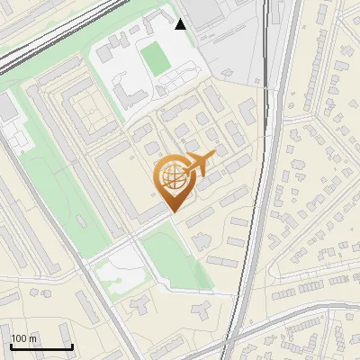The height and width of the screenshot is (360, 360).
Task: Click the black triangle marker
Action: click(x=181, y=24)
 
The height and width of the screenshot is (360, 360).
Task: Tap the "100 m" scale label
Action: click(x=24, y=338)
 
